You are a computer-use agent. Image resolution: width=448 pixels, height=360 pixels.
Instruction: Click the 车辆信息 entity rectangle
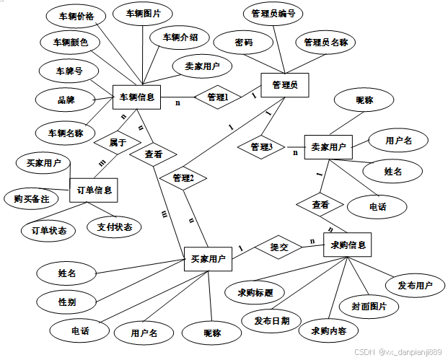(x=137, y=96)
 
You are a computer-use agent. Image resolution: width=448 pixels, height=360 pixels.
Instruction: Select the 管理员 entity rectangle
(x=279, y=85)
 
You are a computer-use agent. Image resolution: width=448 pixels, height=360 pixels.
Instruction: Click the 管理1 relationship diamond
(x=217, y=96)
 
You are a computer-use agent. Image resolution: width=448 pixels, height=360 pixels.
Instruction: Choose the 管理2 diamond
(x=183, y=177)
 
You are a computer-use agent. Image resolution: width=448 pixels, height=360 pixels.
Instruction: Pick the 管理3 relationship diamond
(x=261, y=146)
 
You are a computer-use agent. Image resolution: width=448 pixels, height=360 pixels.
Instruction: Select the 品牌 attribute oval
(x=66, y=100)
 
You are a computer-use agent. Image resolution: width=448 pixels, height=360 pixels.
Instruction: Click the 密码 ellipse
(x=244, y=43)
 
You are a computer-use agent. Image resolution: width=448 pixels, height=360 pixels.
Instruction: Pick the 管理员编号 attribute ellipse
(x=273, y=14)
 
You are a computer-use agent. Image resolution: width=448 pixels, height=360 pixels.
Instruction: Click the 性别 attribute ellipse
(x=66, y=302)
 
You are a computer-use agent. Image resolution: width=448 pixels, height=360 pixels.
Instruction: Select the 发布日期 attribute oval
(x=271, y=320)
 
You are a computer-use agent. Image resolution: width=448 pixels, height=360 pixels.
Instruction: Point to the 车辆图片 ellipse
(x=144, y=14)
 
